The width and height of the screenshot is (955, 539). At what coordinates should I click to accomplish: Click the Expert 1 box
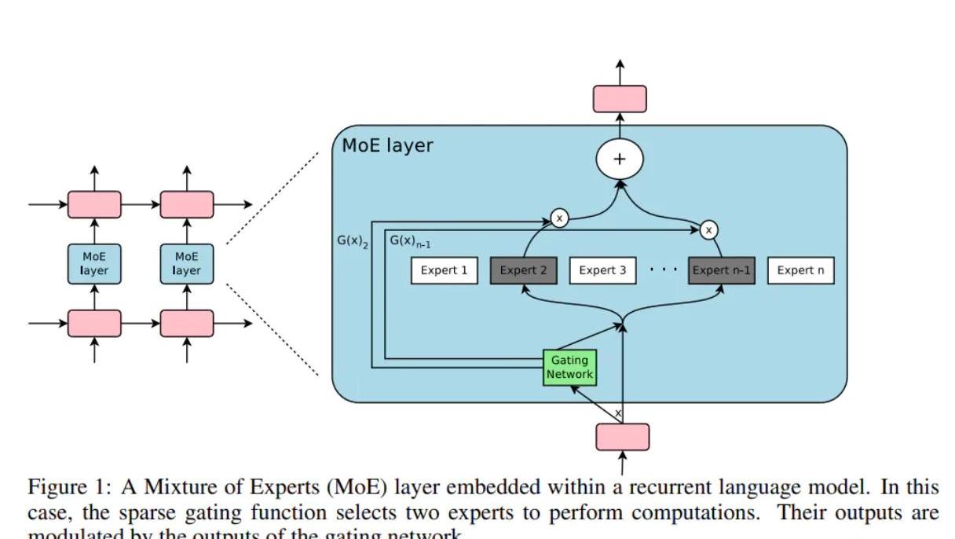click(444, 270)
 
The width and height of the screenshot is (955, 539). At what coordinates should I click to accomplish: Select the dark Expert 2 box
click(523, 270)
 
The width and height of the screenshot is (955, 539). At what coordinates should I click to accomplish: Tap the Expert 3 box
click(602, 270)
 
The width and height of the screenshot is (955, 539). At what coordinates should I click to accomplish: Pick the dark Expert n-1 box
click(721, 270)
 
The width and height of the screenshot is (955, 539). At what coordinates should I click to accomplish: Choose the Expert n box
click(800, 270)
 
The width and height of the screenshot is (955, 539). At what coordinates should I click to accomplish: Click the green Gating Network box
click(569, 368)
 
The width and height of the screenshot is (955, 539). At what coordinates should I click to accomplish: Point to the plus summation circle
click(620, 159)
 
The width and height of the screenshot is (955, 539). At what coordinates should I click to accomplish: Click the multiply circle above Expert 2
click(559, 218)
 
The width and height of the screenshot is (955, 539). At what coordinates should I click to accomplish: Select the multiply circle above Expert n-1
click(708, 229)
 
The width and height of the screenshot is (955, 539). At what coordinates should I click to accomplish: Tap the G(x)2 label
click(353, 241)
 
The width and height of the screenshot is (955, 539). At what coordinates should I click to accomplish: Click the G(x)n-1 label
click(410, 241)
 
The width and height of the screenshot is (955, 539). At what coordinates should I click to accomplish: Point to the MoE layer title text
click(387, 145)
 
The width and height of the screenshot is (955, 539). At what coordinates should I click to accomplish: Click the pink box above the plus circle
click(620, 99)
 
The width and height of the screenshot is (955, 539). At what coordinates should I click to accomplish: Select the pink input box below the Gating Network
click(623, 437)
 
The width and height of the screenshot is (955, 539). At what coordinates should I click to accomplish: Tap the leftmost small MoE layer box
click(94, 263)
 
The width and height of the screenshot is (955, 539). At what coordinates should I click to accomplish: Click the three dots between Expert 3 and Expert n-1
click(663, 269)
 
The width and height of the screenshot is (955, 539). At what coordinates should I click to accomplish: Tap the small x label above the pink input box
click(618, 413)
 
